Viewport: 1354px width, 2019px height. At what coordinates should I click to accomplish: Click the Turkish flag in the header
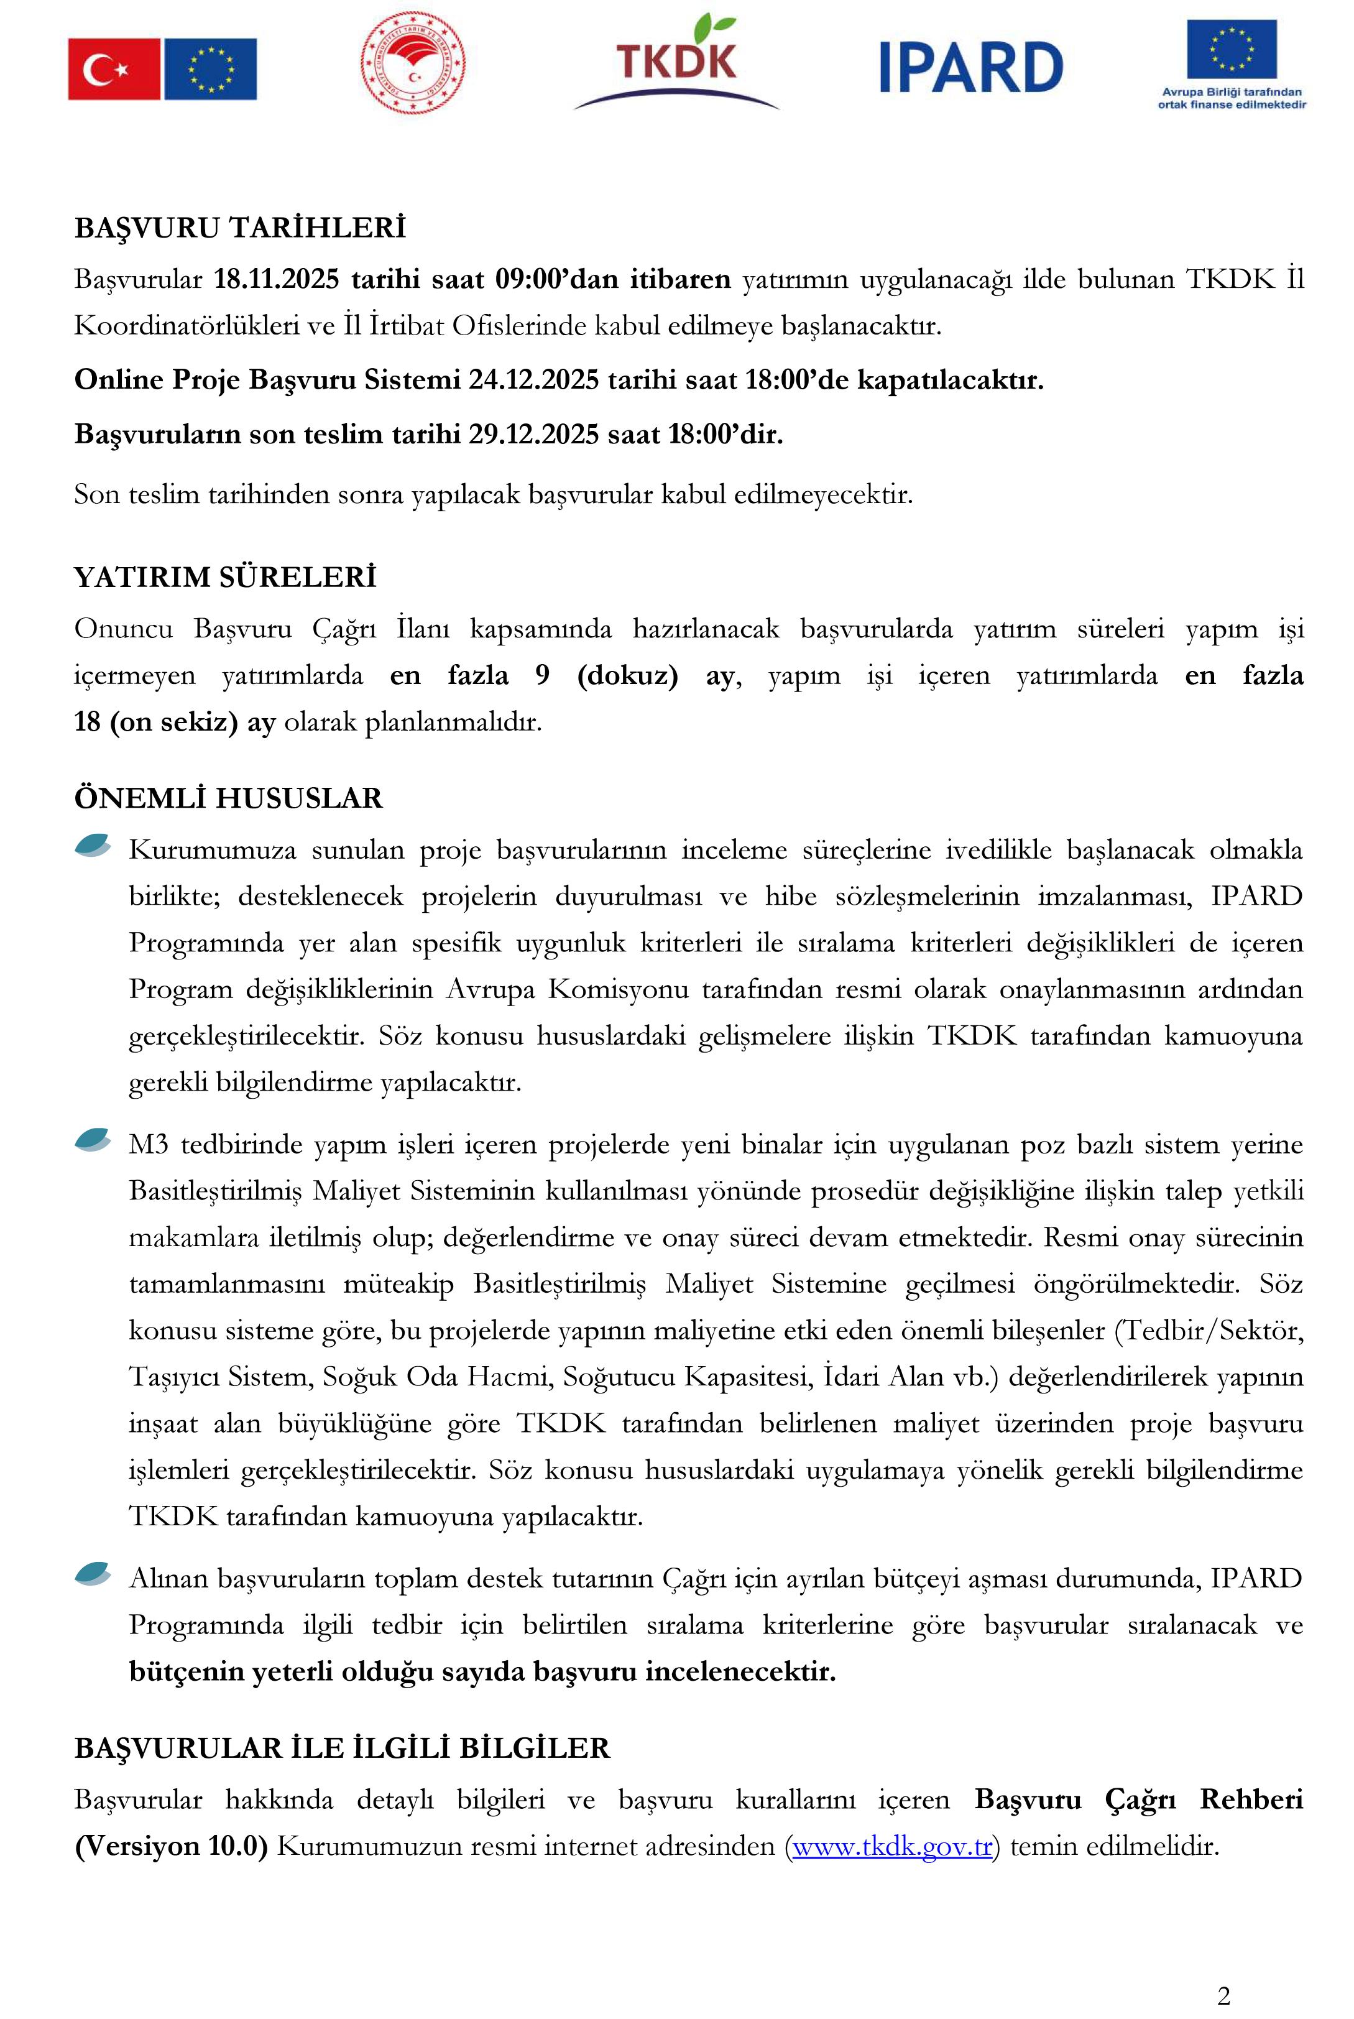point(113,69)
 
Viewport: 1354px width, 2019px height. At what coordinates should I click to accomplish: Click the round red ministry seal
point(413,63)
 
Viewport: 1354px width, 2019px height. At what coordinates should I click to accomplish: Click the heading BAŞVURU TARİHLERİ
point(240,228)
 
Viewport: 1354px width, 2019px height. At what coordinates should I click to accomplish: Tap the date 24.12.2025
point(533,380)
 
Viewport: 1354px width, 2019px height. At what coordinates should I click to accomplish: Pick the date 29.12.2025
point(533,433)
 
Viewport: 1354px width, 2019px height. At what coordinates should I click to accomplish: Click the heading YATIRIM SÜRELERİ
point(226,578)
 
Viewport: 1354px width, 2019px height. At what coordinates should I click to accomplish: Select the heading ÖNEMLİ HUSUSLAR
point(228,798)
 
